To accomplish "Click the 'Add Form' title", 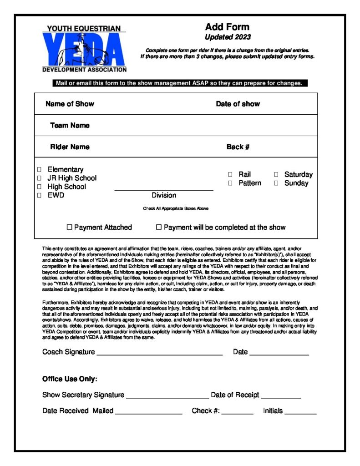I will [x=227, y=27].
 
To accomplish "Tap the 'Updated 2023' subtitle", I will [x=228, y=37].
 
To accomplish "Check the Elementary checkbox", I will [x=39, y=170].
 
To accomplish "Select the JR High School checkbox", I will [x=39, y=178].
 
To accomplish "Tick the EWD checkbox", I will [x=39, y=196].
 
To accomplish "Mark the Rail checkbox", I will [x=230, y=174].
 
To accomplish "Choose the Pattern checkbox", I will [x=230, y=183].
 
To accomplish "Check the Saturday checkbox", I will [x=276, y=174].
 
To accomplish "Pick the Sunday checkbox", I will [x=276, y=183].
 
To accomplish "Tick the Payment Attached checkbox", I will [x=70, y=227].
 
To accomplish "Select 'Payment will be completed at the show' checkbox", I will [x=159, y=227].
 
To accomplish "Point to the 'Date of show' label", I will [x=238, y=104].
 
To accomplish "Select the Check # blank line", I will [x=237, y=412].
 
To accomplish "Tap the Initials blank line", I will [x=300, y=412].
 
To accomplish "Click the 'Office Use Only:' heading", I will [x=70, y=379].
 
